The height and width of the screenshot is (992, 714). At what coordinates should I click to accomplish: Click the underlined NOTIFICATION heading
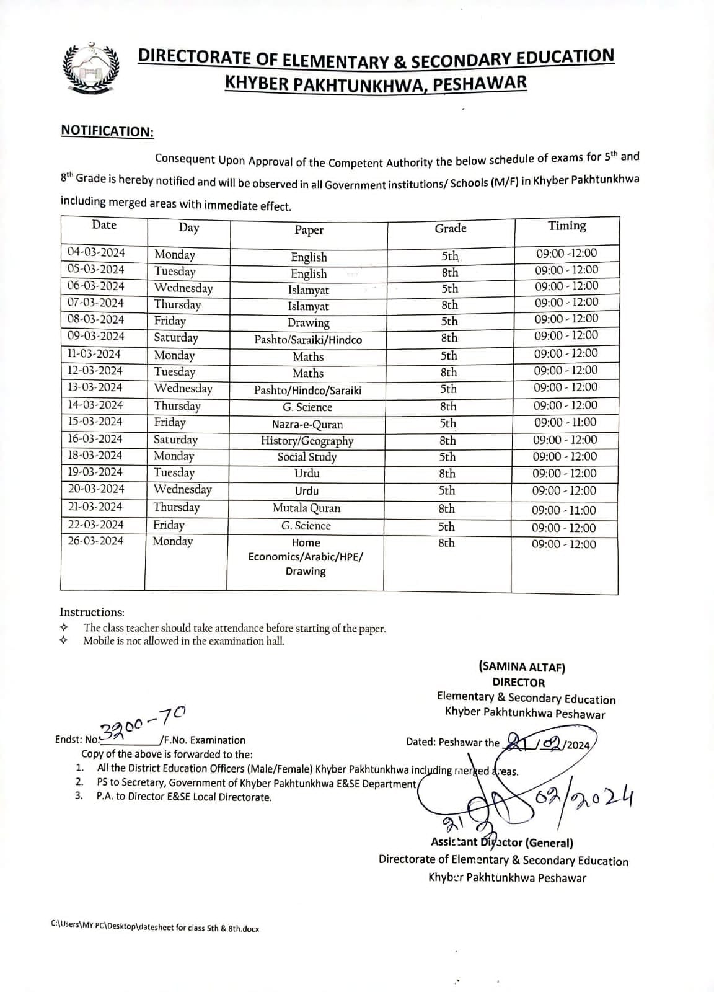107,131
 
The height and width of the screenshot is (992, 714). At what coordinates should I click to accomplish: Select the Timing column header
566,226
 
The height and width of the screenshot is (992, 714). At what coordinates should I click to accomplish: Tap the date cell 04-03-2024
97,252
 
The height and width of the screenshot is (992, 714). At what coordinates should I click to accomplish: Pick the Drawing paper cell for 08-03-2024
308,322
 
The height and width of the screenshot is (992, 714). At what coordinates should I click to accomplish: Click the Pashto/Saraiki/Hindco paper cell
308,340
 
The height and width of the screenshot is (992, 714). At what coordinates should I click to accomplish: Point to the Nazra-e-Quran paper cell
307,425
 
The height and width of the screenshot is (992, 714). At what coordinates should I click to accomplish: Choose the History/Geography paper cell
307,441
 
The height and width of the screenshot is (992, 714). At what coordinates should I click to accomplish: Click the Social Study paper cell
307,457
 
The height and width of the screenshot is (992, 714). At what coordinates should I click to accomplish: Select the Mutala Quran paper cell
306,508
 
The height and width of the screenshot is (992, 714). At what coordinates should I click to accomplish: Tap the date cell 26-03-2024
95,541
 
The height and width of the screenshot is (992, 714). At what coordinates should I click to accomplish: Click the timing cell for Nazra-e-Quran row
565,422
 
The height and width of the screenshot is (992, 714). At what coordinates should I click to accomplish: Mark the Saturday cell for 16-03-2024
176,440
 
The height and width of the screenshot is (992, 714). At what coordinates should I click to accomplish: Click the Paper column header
309,230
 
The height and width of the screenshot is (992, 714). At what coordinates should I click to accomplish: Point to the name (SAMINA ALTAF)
521,667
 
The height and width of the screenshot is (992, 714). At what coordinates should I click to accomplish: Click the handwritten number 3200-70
143,722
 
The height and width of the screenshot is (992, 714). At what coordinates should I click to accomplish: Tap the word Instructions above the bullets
92,612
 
